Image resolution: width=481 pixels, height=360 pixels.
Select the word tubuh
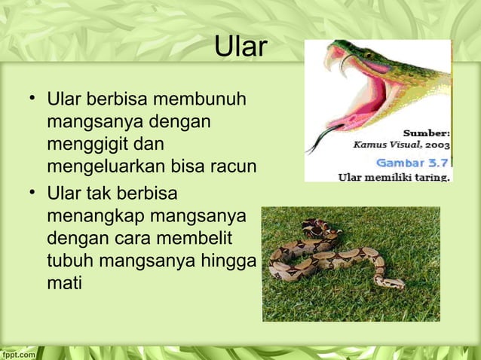click(x=69, y=260)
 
